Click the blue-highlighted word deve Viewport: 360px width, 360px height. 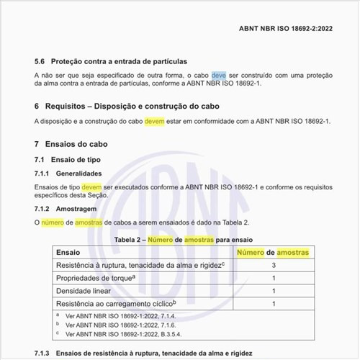pyautogui.click(x=219, y=75)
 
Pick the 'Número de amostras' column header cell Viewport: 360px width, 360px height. pyautogui.click(x=274, y=253)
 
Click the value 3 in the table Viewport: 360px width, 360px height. pyautogui.click(x=274, y=266)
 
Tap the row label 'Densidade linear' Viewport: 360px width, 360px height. pyautogui.click(x=86, y=292)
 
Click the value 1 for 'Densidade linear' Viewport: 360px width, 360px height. pyautogui.click(x=274, y=292)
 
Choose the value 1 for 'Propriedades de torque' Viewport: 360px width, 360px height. pyautogui.click(x=274, y=279)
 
